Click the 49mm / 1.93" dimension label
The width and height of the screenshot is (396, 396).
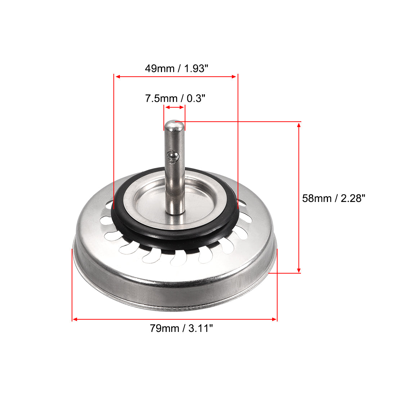click(x=176, y=68)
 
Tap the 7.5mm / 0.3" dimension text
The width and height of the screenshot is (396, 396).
click(x=175, y=98)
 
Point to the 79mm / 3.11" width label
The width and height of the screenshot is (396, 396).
click(x=181, y=328)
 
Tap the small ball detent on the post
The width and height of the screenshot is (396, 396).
click(x=172, y=156)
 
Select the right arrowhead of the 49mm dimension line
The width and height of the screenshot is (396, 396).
click(x=235, y=76)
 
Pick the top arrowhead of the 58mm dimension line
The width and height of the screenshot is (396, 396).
click(x=299, y=125)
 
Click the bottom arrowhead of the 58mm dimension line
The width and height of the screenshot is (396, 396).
click(x=299, y=270)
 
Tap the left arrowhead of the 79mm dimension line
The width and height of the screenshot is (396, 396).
click(x=75, y=319)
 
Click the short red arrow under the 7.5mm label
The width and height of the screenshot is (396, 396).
click(x=174, y=107)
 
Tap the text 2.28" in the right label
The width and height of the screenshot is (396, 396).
click(x=353, y=198)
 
